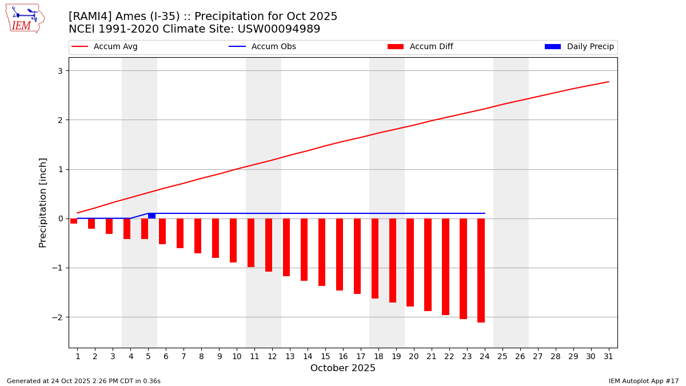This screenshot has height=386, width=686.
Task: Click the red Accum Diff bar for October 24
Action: pos(481,270)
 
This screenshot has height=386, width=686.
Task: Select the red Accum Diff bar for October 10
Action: pos(233,240)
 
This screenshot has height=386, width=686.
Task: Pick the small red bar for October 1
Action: pos(74,221)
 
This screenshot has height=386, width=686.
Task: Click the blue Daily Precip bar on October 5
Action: pos(151,216)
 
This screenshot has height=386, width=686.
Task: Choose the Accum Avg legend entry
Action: pos(105,47)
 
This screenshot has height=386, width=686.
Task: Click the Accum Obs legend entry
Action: pos(262,47)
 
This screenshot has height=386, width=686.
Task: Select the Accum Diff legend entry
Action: pos(420,47)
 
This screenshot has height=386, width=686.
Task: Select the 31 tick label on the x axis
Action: pos(608,356)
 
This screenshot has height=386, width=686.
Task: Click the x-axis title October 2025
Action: pos(343,368)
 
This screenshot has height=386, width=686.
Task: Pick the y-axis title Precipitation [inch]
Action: pos(43,202)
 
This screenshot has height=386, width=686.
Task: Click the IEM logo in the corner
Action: pos(25,18)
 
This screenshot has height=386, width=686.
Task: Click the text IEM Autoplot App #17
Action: pos(644,381)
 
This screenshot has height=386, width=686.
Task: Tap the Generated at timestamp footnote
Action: pos(83,381)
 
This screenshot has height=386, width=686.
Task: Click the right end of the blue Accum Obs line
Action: pos(485,213)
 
